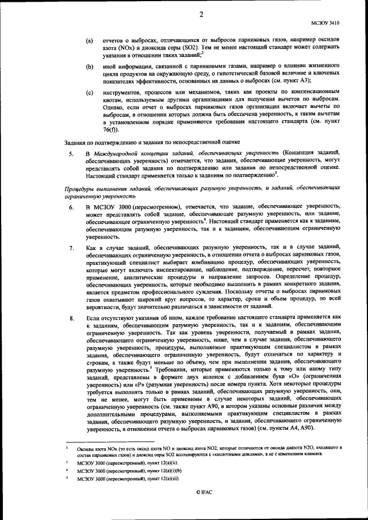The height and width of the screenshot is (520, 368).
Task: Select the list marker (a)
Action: [89, 41]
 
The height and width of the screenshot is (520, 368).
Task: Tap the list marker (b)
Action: [89, 67]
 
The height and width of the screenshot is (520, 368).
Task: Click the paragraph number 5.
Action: [71, 155]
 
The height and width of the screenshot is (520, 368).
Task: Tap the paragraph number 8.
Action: [71, 317]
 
